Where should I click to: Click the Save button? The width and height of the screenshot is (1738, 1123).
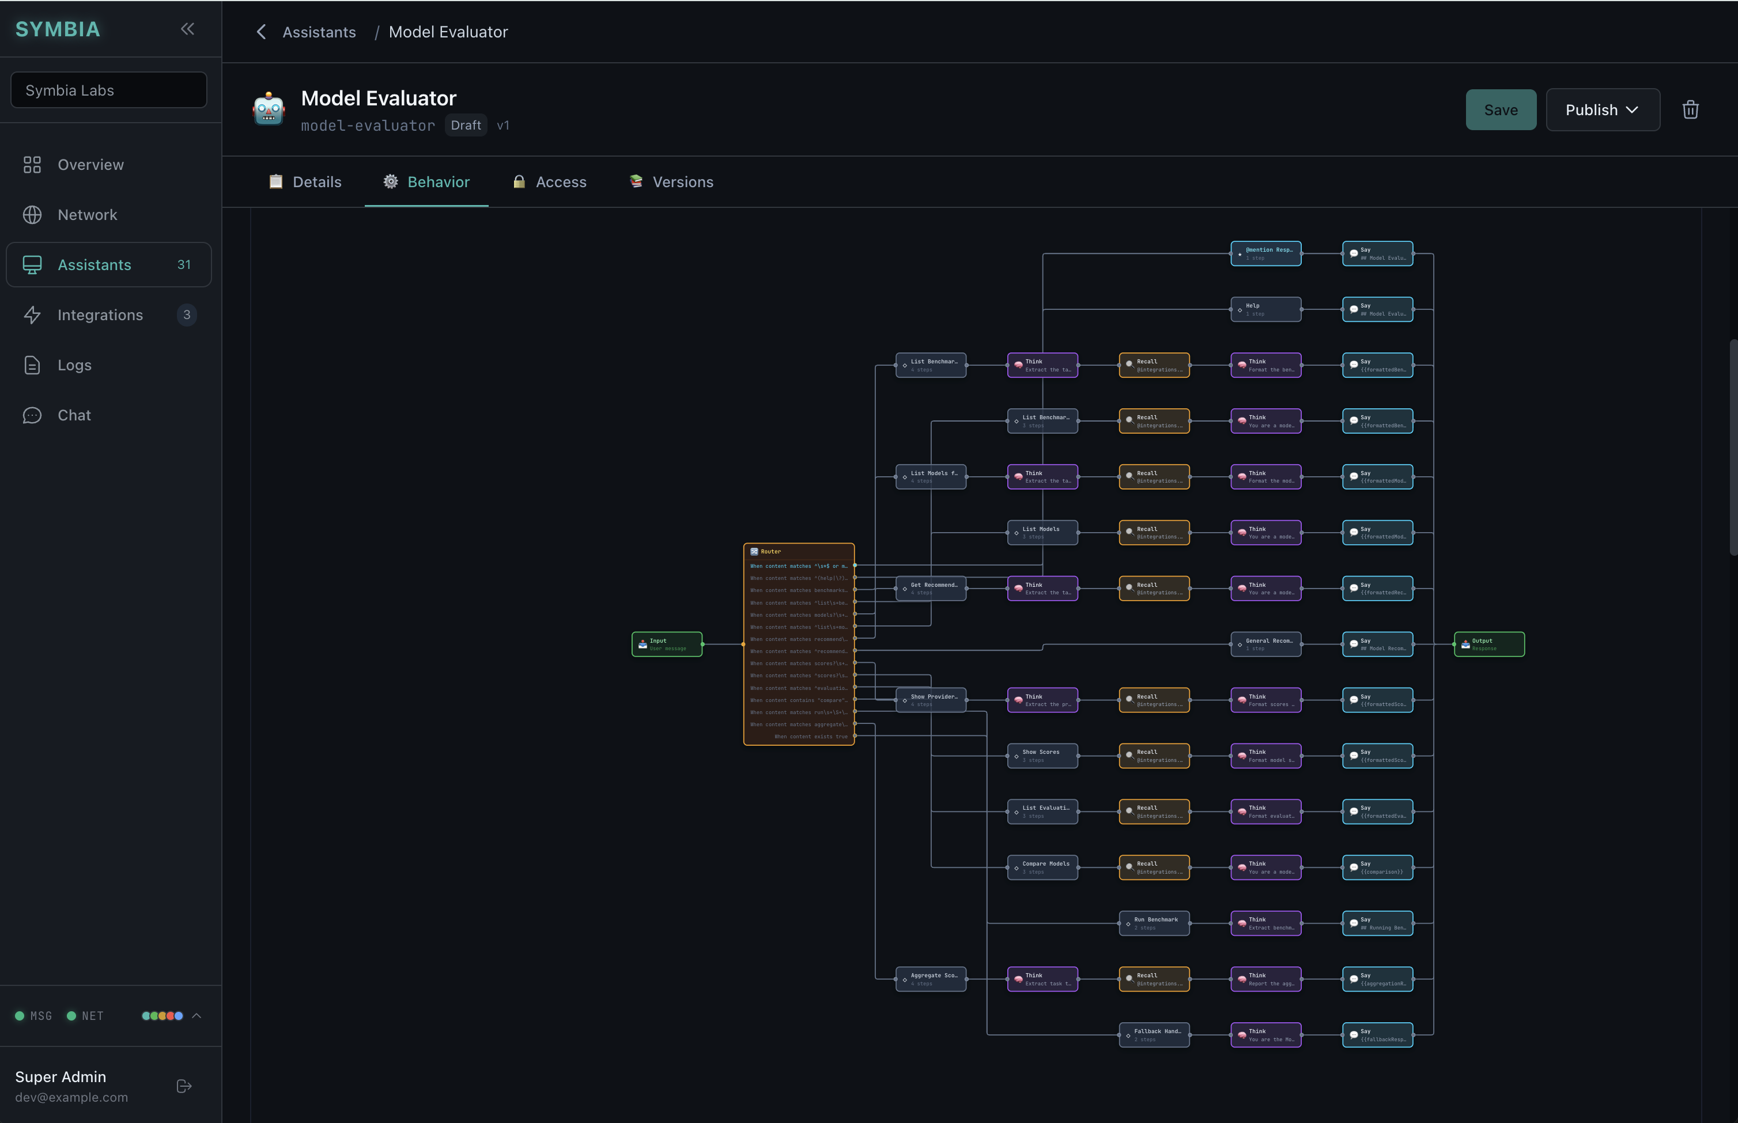click(x=1500, y=110)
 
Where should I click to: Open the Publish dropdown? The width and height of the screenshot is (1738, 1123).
click(x=1602, y=110)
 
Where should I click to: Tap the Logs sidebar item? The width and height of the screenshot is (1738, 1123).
click(x=74, y=365)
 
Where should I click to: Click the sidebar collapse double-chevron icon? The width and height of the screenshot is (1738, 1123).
click(x=187, y=29)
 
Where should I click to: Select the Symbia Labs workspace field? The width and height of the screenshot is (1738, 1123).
click(x=109, y=90)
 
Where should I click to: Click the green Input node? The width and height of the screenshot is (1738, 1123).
click(x=667, y=644)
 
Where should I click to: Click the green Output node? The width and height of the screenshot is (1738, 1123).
click(x=1488, y=644)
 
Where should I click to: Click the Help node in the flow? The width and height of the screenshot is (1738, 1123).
click(x=1265, y=309)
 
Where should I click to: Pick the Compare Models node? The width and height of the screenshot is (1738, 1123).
click(x=1042, y=868)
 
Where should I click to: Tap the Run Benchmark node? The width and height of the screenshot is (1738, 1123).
click(x=1154, y=923)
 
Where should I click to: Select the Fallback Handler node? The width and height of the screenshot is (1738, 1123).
click(x=1154, y=1035)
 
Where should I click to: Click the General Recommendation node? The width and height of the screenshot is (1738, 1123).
click(x=1265, y=644)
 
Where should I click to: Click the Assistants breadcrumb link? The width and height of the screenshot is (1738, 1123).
click(x=319, y=32)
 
